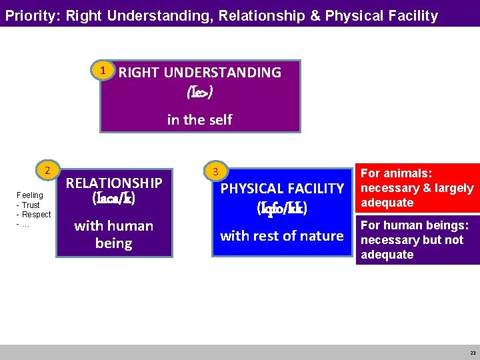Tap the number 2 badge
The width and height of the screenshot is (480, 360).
click(x=47, y=170)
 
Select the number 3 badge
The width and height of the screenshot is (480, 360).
click(x=214, y=172)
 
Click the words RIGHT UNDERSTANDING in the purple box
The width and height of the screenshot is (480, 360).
click(x=200, y=72)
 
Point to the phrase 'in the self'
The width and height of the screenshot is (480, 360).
click(x=199, y=119)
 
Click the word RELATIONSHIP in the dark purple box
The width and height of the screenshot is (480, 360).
click(x=114, y=183)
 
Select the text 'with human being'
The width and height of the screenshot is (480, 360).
click(x=114, y=234)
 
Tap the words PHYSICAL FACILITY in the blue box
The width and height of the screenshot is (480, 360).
click(x=282, y=189)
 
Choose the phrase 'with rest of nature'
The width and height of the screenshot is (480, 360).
click(x=282, y=235)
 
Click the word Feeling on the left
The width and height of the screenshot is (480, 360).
click(x=29, y=195)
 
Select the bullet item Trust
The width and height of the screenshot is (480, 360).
click(x=31, y=205)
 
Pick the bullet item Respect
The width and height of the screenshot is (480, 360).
click(x=36, y=215)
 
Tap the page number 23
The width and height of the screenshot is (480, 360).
click(x=473, y=353)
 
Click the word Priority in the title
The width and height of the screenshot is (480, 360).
click(x=31, y=15)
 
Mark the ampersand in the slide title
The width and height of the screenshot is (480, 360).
click(x=315, y=15)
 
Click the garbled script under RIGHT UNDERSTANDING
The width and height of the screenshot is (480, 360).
click(x=200, y=93)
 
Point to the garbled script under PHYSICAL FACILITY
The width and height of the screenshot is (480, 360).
click(x=282, y=208)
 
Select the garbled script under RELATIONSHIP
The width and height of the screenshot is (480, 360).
click(x=114, y=198)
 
